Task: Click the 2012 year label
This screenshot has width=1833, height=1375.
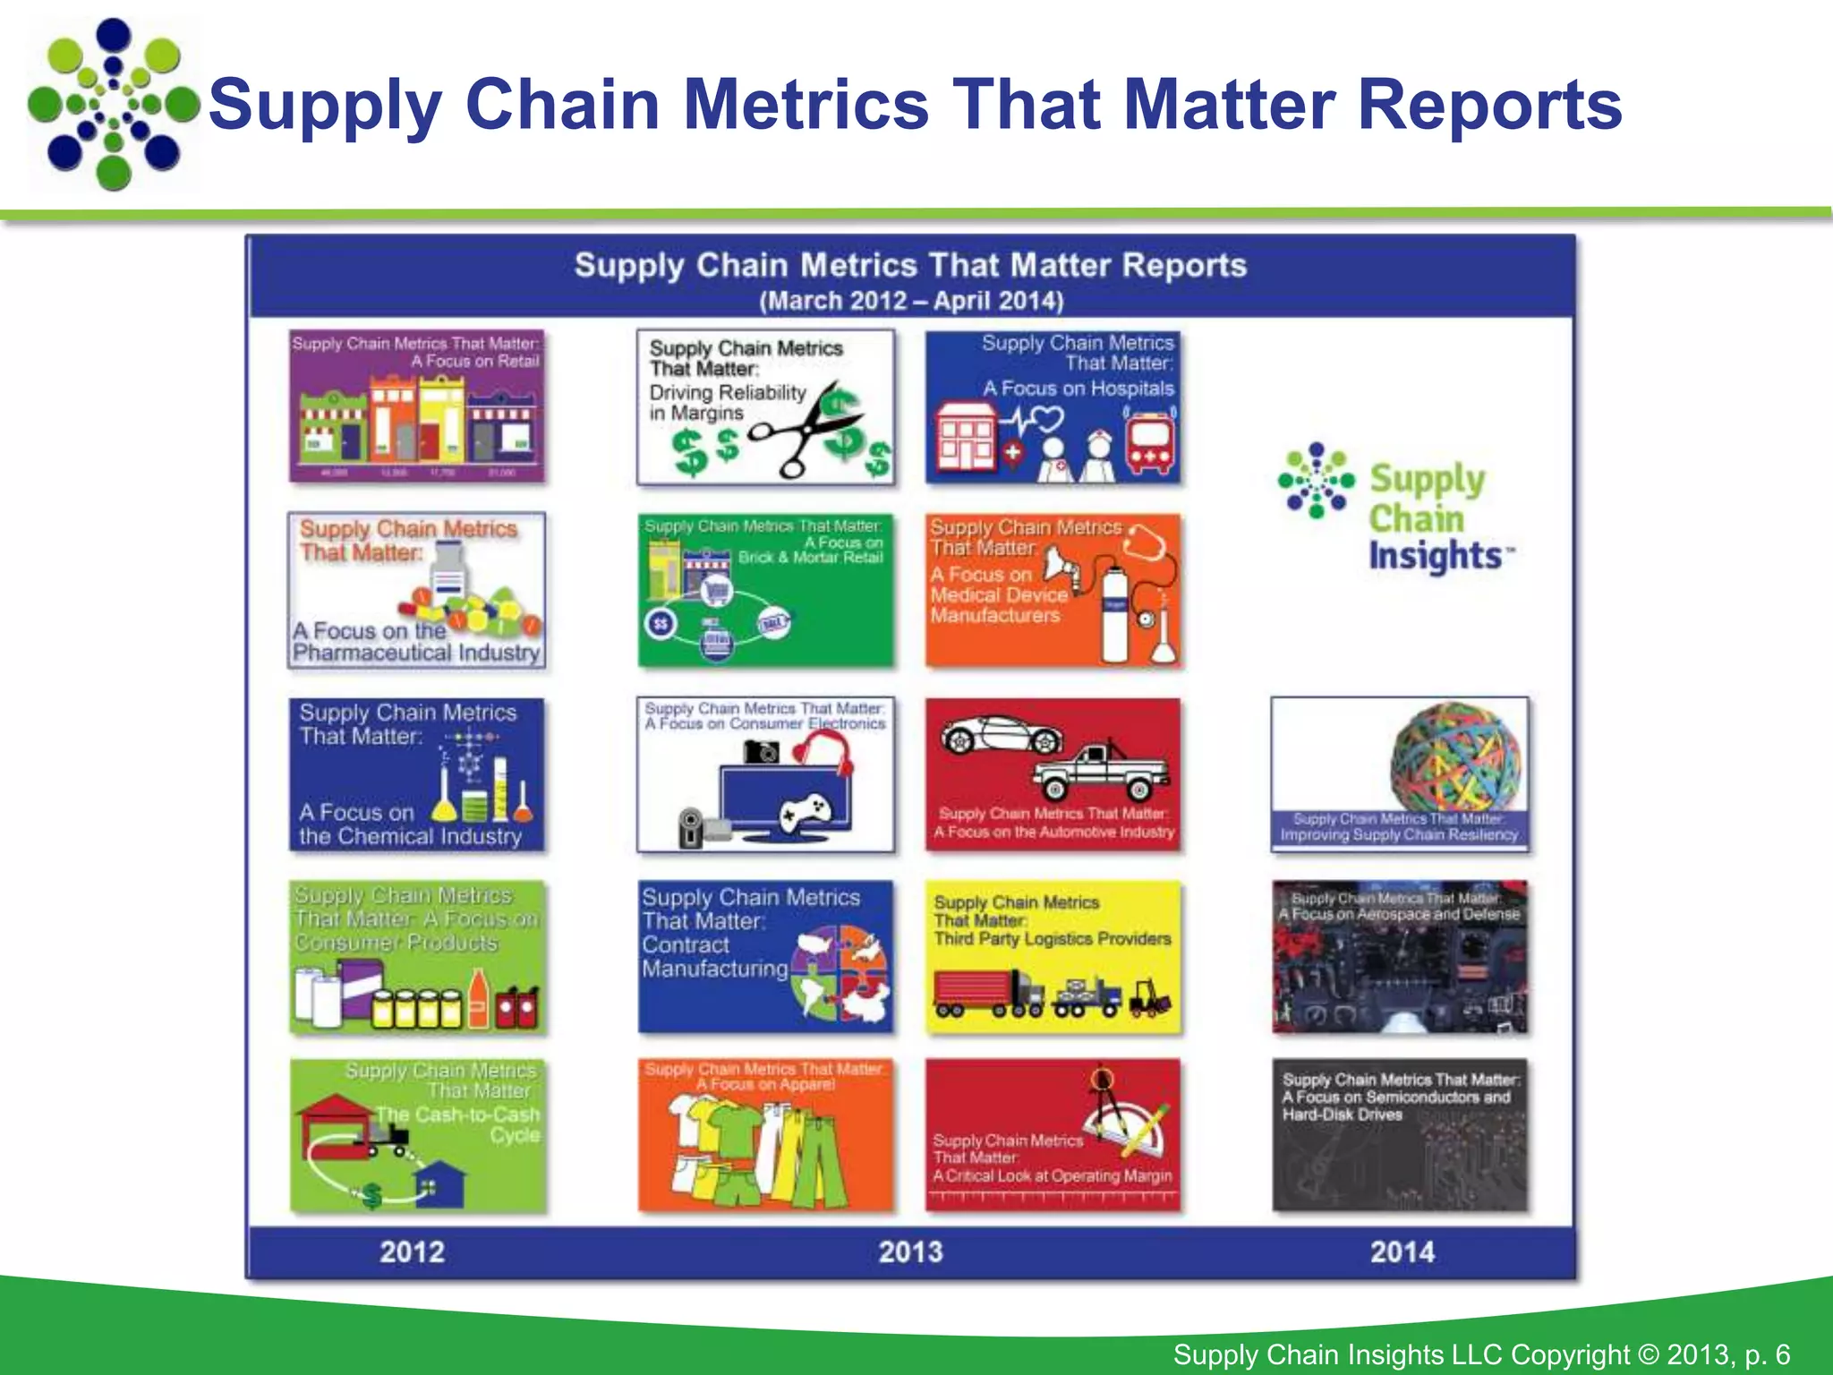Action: (x=412, y=1251)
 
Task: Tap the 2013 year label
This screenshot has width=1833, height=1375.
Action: (x=910, y=1251)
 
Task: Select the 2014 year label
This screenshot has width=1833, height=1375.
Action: (x=1402, y=1251)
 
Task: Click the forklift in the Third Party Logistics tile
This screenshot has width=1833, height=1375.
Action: (x=1151, y=999)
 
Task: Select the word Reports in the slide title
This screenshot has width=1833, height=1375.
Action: (x=1489, y=105)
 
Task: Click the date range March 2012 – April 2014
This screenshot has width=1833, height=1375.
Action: (x=911, y=301)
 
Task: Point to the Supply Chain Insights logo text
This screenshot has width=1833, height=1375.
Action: (x=1430, y=517)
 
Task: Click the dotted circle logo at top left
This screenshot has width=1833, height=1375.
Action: (x=113, y=105)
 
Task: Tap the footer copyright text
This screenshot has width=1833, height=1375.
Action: (x=1480, y=1354)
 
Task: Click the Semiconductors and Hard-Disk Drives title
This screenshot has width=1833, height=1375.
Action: (x=1398, y=1097)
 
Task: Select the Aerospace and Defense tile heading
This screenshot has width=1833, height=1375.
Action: (x=1399, y=907)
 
